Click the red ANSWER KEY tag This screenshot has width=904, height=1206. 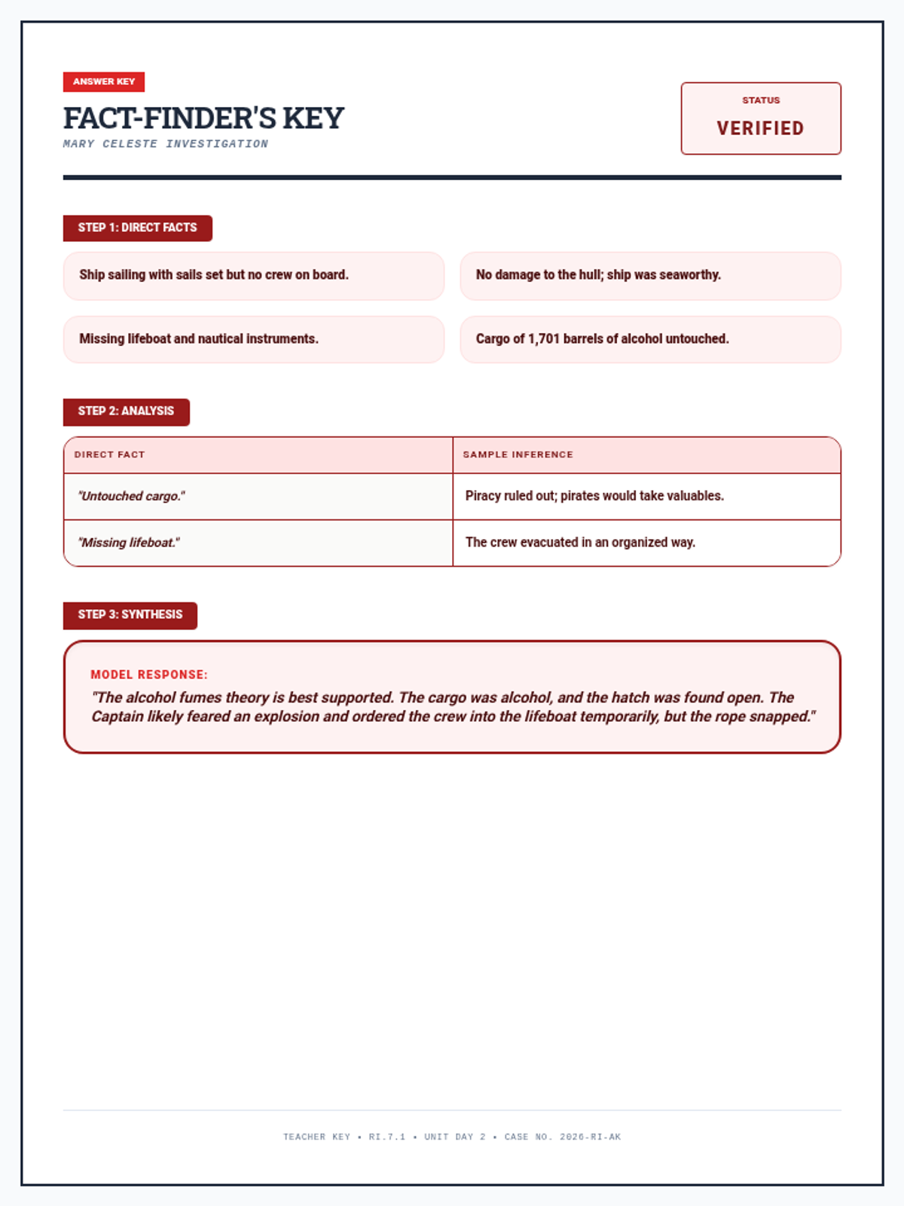[x=104, y=81]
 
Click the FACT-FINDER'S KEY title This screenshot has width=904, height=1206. [x=203, y=118]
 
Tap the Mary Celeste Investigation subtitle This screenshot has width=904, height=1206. [x=166, y=144]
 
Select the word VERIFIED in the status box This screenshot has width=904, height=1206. [x=760, y=128]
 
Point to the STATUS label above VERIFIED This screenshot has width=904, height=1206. [x=761, y=100]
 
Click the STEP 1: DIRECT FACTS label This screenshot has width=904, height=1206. [x=137, y=228]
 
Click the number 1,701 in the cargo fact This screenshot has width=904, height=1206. [x=544, y=339]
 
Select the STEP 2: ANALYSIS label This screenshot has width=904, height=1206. [x=126, y=412]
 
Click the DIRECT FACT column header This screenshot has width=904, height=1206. [x=109, y=455]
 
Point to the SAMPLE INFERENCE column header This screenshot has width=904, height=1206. [x=518, y=455]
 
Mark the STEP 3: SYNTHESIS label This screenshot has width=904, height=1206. [x=130, y=615]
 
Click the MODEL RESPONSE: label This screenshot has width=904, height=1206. [x=149, y=675]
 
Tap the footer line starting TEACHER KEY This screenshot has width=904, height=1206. [x=452, y=1137]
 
